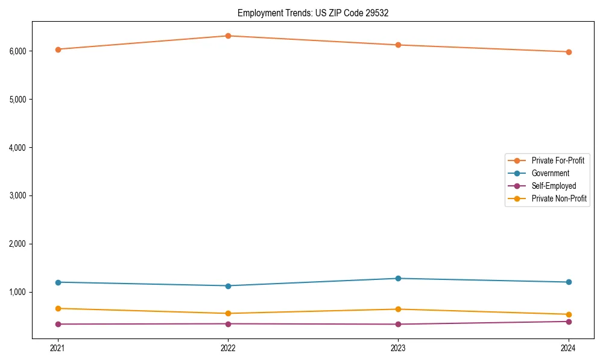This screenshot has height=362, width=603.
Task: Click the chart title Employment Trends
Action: [313, 13]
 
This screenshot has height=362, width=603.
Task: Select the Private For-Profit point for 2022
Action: [228, 36]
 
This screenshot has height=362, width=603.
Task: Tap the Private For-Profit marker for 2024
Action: [569, 52]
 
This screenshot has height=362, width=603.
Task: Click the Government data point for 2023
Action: [398, 278]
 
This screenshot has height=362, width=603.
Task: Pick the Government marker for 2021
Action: [58, 282]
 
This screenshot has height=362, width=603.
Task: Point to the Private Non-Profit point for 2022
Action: [228, 313]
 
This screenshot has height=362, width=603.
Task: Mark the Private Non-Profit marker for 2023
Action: [398, 309]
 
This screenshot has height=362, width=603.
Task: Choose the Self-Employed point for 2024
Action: [569, 321]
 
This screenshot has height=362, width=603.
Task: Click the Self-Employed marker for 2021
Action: [58, 324]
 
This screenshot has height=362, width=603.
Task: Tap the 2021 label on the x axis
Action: [58, 348]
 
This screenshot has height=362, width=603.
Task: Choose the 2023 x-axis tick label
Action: [398, 348]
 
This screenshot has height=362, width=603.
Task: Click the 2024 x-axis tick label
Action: [569, 348]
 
